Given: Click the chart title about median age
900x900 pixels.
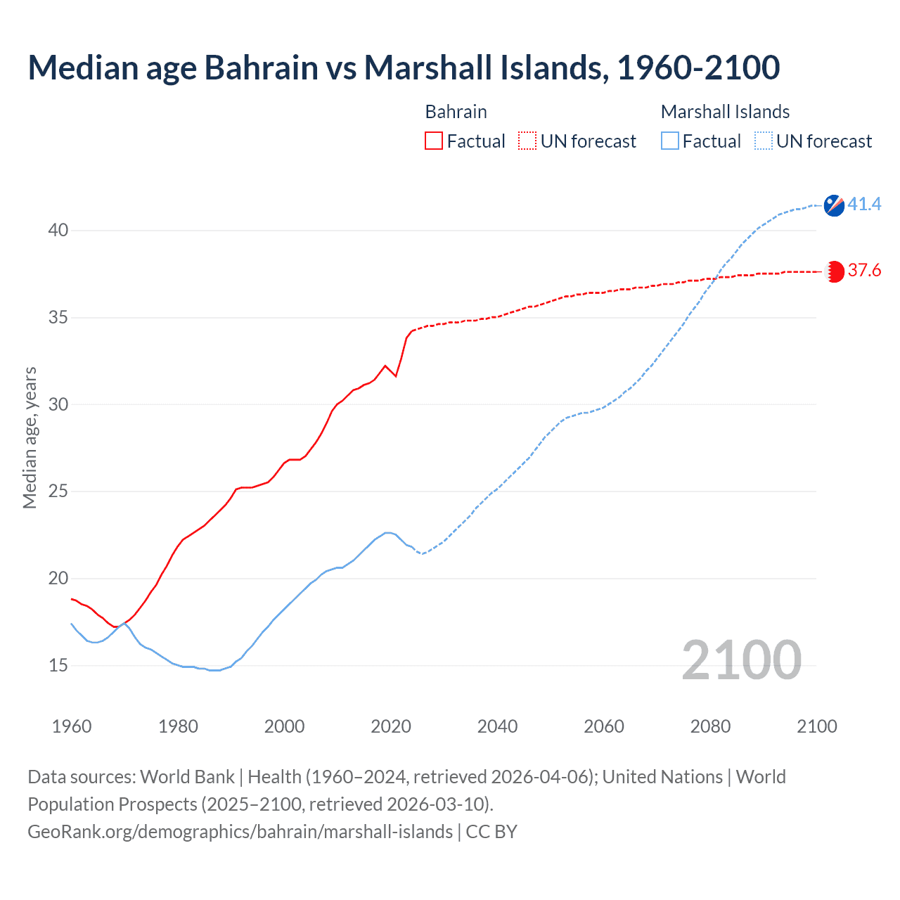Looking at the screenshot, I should [404, 67].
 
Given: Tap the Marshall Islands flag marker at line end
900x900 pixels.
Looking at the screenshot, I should [834, 205].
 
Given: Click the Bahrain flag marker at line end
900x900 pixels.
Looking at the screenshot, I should [835, 271].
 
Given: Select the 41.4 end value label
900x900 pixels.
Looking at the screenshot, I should [864, 205].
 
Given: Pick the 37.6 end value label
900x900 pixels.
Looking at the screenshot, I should [864, 271].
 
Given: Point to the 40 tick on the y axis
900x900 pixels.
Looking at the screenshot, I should [58, 231].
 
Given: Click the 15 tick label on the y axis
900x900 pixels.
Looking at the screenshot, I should [58, 665].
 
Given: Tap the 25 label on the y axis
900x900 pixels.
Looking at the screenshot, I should [58, 491].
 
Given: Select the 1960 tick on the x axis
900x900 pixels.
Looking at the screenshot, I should [72, 726].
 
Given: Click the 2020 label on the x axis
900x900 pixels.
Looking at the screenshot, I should [391, 726].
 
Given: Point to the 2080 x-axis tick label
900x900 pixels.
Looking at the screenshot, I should [710, 726].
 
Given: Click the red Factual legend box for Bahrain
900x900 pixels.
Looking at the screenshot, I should [434, 141].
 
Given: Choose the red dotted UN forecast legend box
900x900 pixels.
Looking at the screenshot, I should [527, 141].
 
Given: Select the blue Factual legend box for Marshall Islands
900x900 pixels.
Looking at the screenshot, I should [670, 141].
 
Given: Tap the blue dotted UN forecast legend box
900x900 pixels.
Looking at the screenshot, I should [764, 141].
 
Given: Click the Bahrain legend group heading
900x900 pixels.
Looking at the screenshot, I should [456, 112].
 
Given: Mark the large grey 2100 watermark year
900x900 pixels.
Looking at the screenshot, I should [741, 660].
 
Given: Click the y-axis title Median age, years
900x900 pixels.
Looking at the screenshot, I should [30, 437].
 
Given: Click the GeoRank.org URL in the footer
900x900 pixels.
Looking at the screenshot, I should [240, 832].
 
